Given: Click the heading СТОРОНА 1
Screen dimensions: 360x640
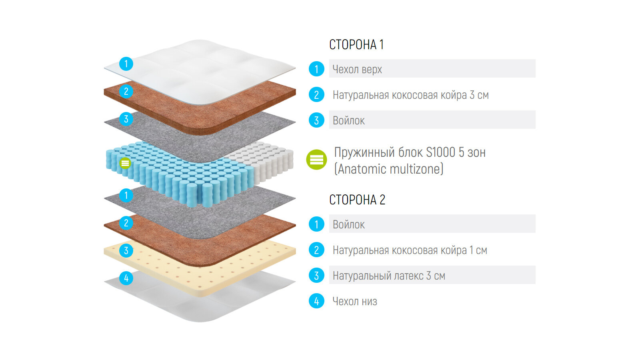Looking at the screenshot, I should tap(356, 44).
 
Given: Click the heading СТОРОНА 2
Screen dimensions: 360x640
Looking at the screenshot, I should tap(357, 200).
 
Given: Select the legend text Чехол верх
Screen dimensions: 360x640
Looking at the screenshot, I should tap(357, 69).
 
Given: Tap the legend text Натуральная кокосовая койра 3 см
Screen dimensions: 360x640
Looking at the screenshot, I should tap(410, 95).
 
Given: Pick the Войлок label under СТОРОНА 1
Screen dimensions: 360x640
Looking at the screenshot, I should tap(348, 120).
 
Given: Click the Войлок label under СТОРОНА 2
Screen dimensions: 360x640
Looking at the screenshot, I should tap(348, 224).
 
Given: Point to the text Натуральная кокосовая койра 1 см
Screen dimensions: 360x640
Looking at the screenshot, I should tap(410, 250).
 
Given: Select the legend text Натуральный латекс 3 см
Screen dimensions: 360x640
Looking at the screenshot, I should tap(389, 276).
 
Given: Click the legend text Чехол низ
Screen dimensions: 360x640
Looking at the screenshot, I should tap(355, 301).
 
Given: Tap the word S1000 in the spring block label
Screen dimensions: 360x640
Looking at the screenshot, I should tap(440, 152).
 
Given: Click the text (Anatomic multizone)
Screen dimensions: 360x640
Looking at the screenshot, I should tap(389, 169).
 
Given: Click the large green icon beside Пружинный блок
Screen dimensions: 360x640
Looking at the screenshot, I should tap(316, 160).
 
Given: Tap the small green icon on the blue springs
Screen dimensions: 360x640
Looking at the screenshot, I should tap(125, 163).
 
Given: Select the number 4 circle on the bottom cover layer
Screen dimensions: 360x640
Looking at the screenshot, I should tap(126, 278).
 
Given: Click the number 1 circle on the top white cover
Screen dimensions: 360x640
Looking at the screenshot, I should tap(126, 64).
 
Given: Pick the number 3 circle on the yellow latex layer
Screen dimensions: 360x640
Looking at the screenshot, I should tap(126, 251).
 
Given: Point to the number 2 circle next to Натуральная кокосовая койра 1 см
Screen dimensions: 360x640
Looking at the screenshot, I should tap(316, 250).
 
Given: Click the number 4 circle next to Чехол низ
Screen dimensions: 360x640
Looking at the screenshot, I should tap(316, 301).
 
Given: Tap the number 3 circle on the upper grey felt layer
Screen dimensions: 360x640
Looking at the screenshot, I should tap(126, 119).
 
